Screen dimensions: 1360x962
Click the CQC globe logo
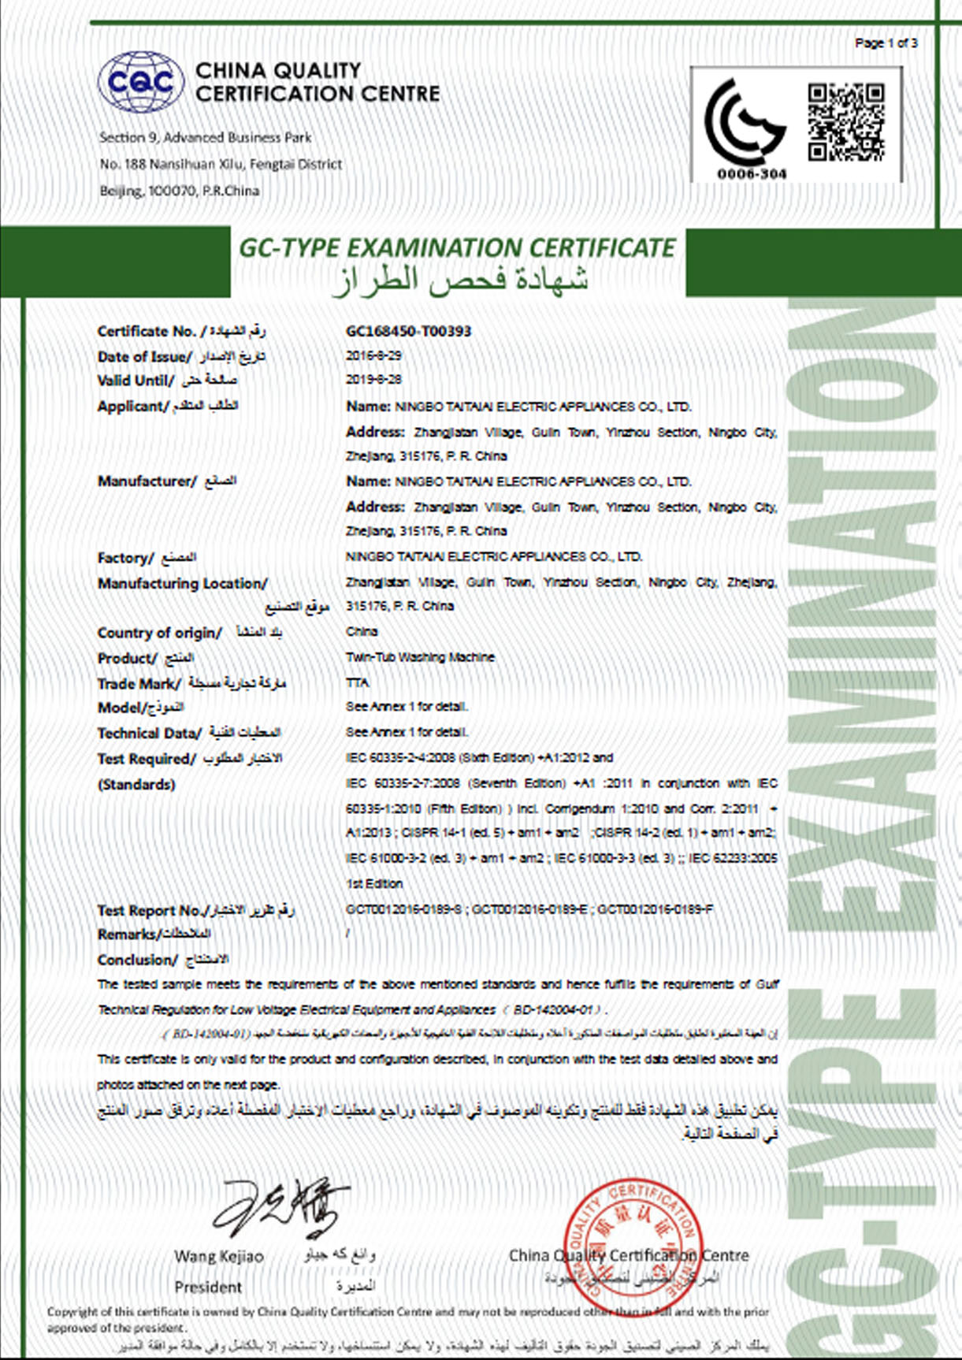(141, 82)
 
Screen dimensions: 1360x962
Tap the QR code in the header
(845, 122)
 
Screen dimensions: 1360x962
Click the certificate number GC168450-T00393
(408, 331)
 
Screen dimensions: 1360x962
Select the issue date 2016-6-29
(373, 356)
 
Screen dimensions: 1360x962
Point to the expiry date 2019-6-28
(373, 380)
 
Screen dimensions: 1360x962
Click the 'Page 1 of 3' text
(886, 43)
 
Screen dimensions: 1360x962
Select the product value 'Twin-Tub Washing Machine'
(420, 657)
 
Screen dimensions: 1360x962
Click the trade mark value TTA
(357, 682)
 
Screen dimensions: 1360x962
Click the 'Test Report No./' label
(151, 910)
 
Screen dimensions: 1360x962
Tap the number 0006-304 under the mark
(752, 173)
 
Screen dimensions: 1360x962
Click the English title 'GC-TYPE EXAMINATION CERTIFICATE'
(457, 247)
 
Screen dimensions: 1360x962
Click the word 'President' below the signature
(208, 1287)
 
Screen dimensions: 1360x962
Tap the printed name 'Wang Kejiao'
(219, 1256)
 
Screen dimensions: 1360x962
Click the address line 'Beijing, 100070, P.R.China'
(180, 191)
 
